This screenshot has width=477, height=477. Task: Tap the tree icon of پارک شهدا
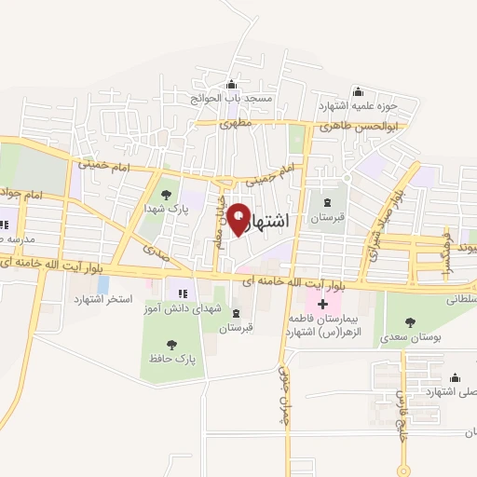pyautogui.click(x=166, y=195)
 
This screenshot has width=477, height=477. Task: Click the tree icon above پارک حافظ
pyautogui.click(x=170, y=344)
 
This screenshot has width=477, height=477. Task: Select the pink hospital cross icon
pyautogui.click(x=322, y=305)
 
